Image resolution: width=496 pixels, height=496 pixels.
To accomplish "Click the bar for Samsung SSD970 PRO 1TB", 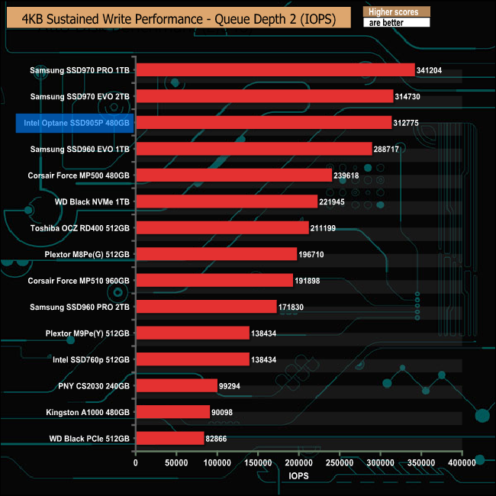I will (275, 70).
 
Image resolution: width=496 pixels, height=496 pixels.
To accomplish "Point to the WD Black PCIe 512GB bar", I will (170, 438).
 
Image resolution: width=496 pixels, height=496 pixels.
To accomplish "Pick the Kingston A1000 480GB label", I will (83, 412).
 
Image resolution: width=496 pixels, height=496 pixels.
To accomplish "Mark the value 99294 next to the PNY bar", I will (233, 386).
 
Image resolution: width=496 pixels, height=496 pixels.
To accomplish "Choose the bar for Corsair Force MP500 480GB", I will (234, 176).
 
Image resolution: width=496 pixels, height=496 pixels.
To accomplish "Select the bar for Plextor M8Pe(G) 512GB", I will (216, 254).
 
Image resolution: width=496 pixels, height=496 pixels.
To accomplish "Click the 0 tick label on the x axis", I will (136, 462).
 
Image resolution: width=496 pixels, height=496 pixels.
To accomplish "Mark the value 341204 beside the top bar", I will (431, 70).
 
